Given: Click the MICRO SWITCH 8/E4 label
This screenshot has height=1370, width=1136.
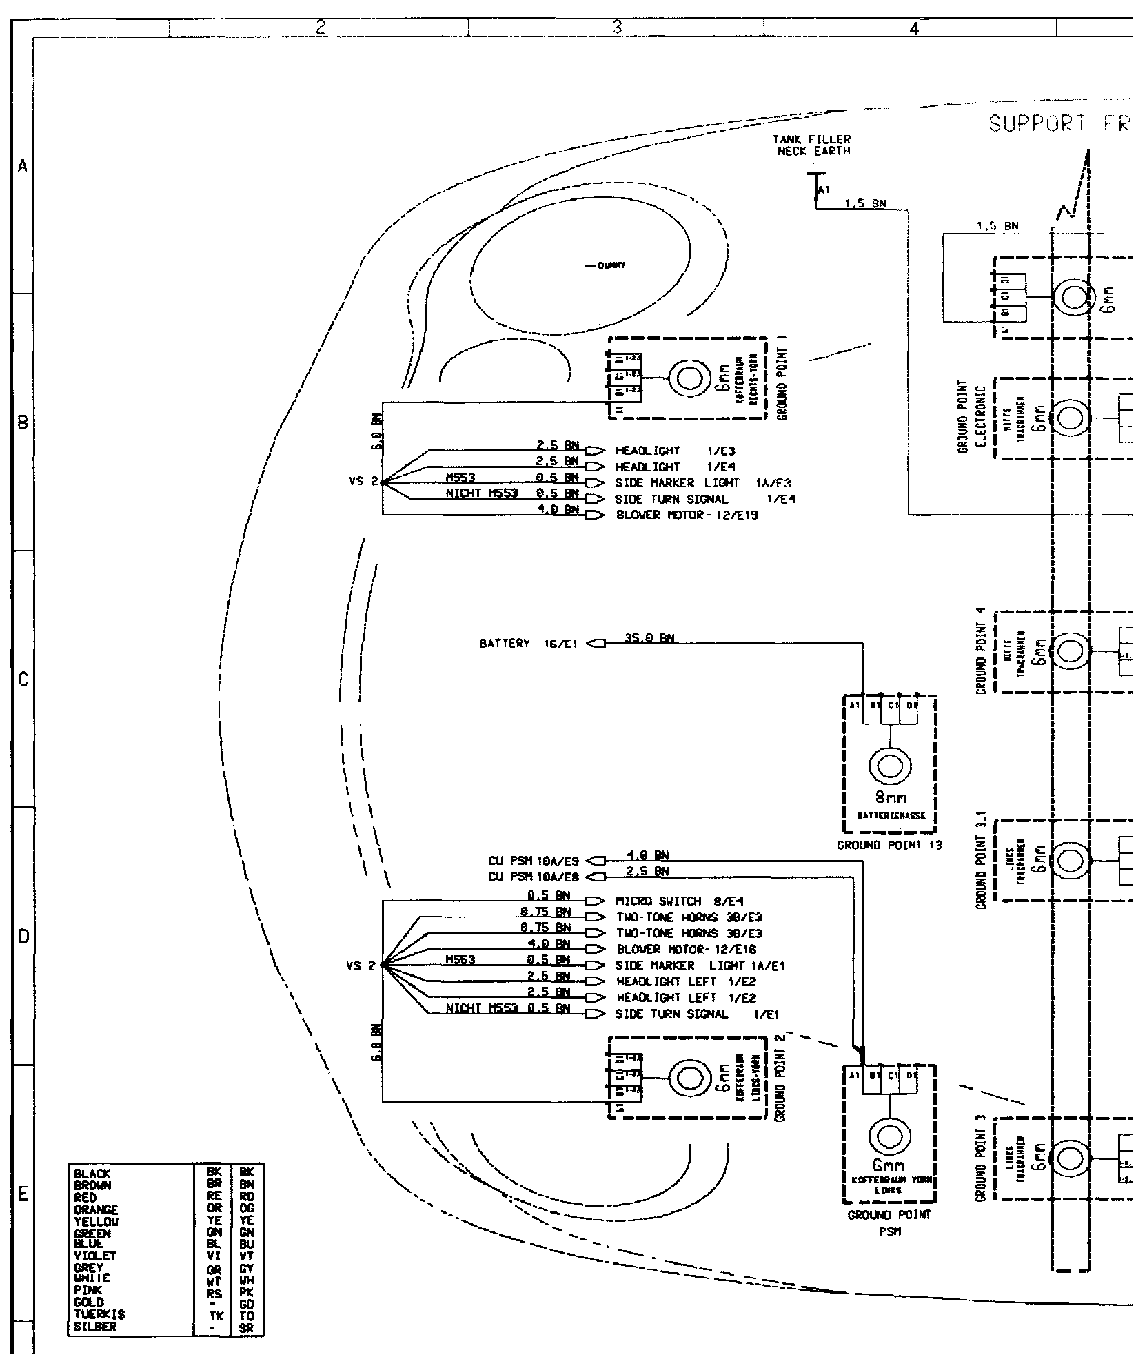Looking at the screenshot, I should click(679, 901).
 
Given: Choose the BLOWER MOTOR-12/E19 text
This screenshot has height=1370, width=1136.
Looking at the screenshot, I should click(686, 515).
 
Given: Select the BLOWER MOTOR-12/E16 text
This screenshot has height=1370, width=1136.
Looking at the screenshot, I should click(686, 949).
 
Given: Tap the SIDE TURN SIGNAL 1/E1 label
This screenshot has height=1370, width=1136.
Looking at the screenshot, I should click(696, 1014).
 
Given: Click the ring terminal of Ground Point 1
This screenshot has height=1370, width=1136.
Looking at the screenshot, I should click(691, 378).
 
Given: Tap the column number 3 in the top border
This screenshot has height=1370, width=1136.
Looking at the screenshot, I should click(616, 28).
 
